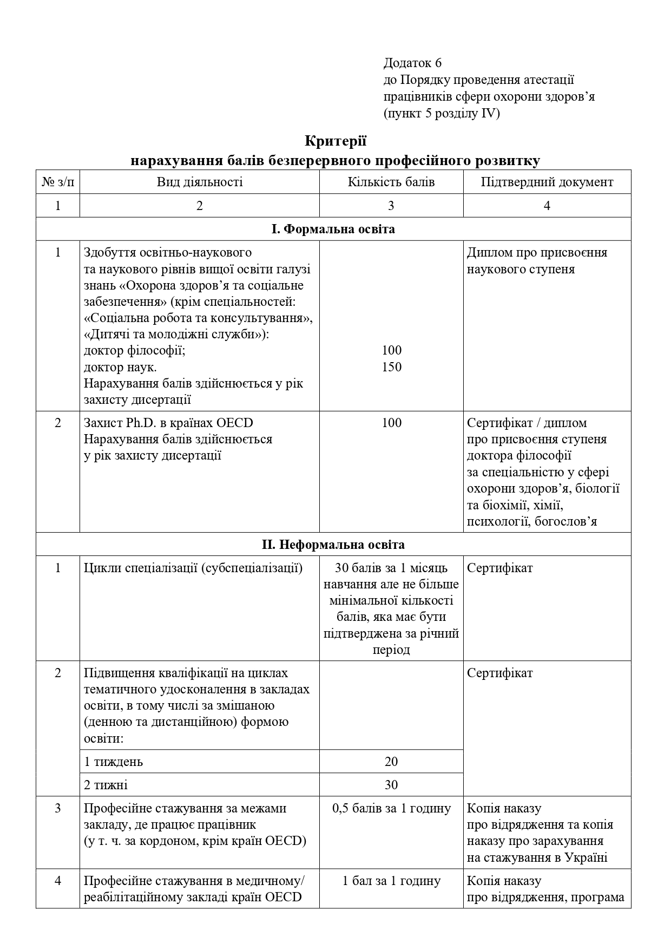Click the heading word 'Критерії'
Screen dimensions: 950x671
tap(335, 141)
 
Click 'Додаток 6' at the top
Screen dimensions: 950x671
tap(412, 63)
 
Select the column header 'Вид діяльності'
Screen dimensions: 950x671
tap(200, 182)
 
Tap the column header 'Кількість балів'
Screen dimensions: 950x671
tap(391, 182)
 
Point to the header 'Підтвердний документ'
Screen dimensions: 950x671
tap(547, 182)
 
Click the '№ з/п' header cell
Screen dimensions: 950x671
tap(58, 182)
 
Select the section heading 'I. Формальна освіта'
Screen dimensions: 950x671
tap(333, 229)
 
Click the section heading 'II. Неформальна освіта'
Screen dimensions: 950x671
tap(333, 544)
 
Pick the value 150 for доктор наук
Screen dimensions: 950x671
tap(391, 367)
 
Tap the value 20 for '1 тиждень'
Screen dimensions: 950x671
tap(391, 762)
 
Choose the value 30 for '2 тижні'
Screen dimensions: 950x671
tap(391, 785)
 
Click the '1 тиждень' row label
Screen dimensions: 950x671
tap(114, 762)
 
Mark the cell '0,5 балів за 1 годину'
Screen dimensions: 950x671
tap(391, 808)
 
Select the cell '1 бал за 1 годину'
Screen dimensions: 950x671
tap(391, 881)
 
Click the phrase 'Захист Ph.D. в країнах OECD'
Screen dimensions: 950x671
tap(168, 423)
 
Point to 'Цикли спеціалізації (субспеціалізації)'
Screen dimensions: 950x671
tap(193, 568)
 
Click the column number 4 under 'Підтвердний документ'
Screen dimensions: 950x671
tap(547, 206)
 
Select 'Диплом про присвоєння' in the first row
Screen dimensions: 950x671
tap(537, 253)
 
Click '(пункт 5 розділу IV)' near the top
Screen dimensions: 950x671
tap(442, 114)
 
